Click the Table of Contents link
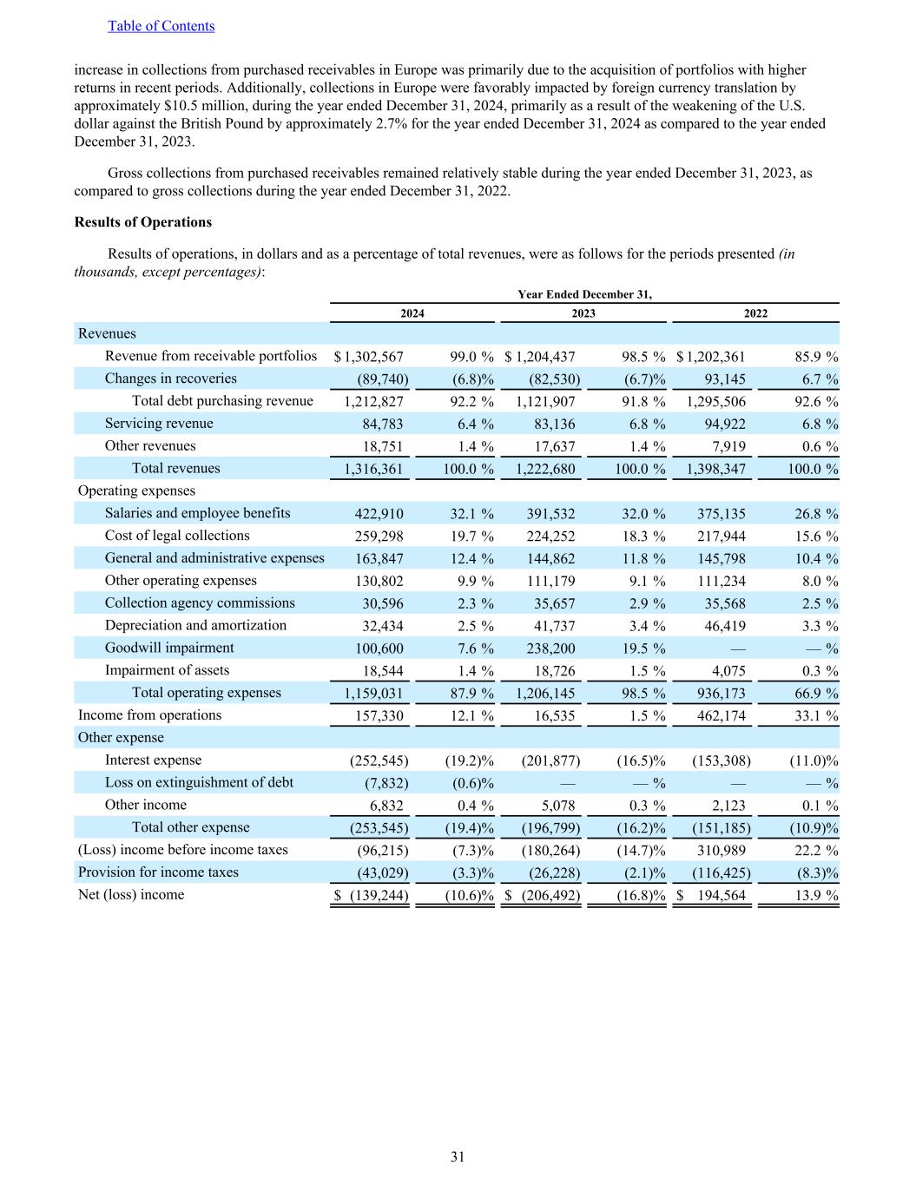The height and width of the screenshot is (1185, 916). [x=161, y=26]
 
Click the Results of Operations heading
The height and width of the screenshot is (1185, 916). [x=143, y=222]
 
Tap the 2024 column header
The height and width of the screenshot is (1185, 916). [x=412, y=313]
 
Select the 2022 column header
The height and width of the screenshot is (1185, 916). [x=755, y=313]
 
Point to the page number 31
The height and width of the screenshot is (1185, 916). [x=458, y=1156]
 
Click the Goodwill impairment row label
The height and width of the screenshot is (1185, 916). [x=169, y=648]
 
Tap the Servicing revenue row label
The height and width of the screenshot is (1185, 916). [x=159, y=424]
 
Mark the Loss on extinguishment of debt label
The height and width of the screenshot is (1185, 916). [x=199, y=782]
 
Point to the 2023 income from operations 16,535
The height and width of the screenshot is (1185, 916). [x=554, y=716]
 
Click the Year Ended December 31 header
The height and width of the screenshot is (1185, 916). [x=584, y=294]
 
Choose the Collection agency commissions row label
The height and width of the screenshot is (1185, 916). [x=200, y=603]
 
